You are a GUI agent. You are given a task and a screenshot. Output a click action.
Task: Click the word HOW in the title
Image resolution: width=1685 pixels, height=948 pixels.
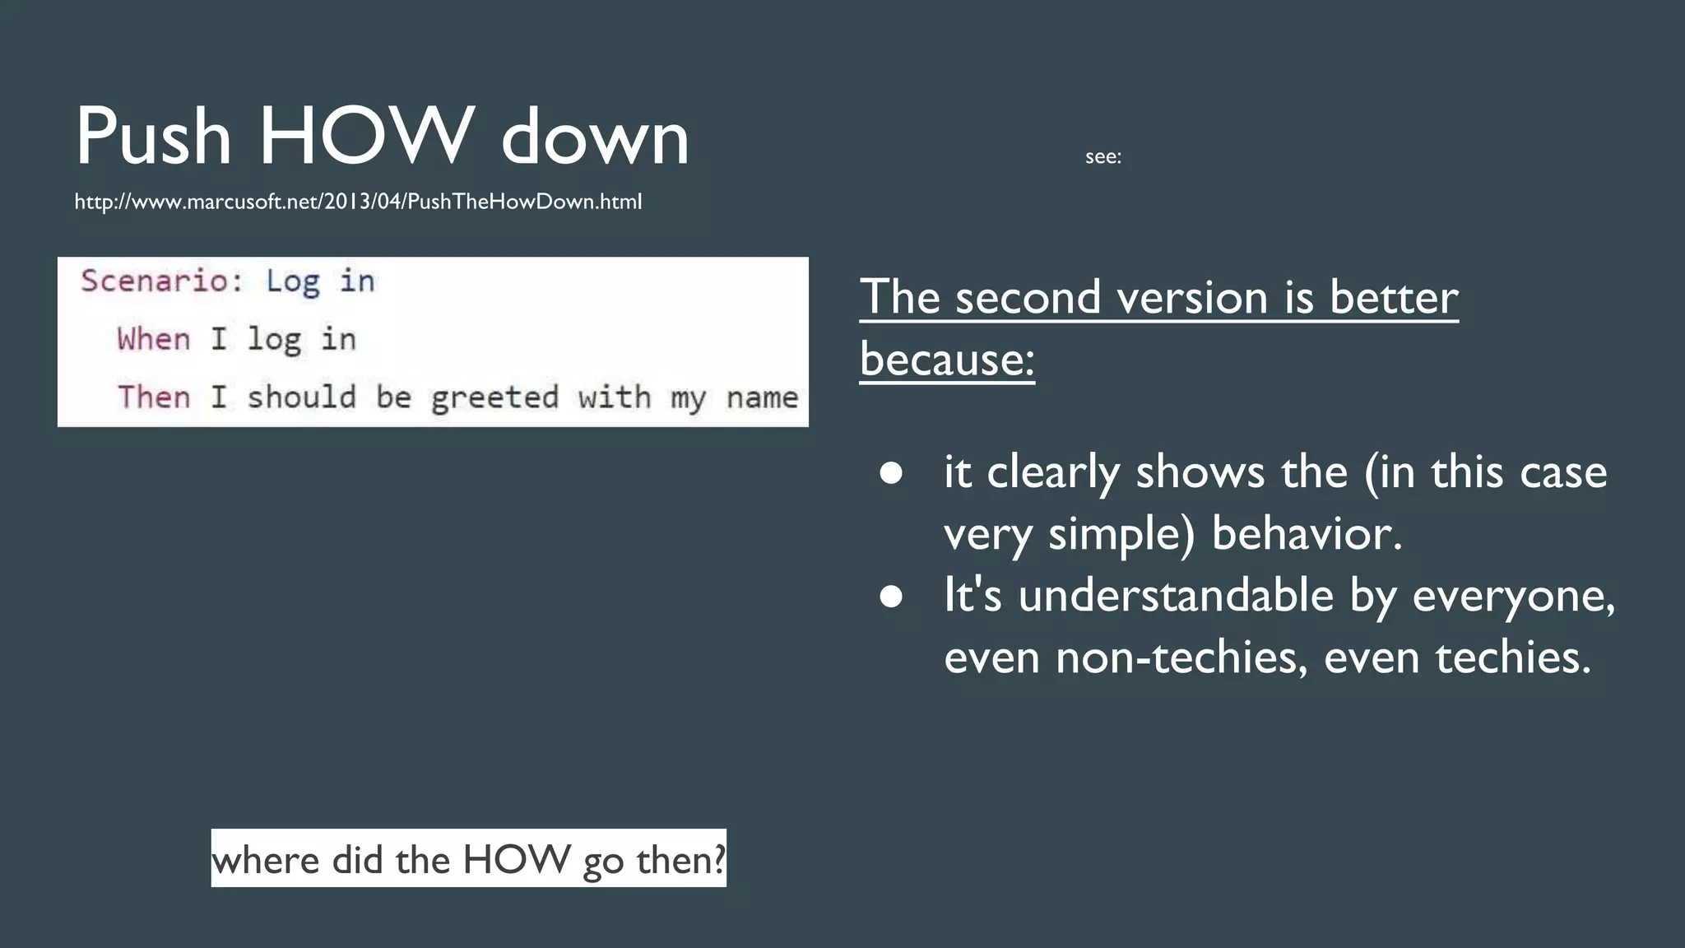pos(367,136)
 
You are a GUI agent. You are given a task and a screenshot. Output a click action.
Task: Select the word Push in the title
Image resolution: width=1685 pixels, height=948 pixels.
pos(153,136)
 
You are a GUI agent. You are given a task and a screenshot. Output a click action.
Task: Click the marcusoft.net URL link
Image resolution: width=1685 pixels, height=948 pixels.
pos(358,202)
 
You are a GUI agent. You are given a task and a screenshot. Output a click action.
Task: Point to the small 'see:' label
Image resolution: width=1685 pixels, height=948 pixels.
pos(1102,156)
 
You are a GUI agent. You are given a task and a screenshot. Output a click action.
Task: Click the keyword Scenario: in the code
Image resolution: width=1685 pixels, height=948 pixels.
pos(162,281)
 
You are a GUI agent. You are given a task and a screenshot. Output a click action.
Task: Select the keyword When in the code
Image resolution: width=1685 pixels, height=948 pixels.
pos(154,339)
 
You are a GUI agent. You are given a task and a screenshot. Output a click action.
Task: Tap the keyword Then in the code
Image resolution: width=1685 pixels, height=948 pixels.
pos(154,397)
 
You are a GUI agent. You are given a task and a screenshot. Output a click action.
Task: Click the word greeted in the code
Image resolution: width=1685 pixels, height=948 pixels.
pos(494,398)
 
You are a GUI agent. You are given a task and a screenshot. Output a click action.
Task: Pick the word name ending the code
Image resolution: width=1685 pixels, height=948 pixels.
pos(762,397)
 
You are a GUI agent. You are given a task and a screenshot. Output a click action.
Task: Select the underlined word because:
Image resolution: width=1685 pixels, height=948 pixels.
pos(947,359)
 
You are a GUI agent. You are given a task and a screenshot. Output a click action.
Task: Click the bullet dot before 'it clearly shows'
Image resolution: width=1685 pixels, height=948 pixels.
pos(891,473)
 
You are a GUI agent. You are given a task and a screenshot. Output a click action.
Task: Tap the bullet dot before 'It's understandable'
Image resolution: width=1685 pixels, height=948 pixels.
pos(891,596)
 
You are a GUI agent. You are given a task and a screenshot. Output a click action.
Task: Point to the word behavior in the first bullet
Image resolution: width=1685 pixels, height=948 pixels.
pos(1306,533)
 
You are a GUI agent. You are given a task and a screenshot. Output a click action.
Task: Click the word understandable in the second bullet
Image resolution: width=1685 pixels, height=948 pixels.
pos(1175,595)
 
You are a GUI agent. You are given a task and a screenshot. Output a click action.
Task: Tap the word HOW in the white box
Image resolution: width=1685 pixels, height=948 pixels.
pos(516,859)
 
